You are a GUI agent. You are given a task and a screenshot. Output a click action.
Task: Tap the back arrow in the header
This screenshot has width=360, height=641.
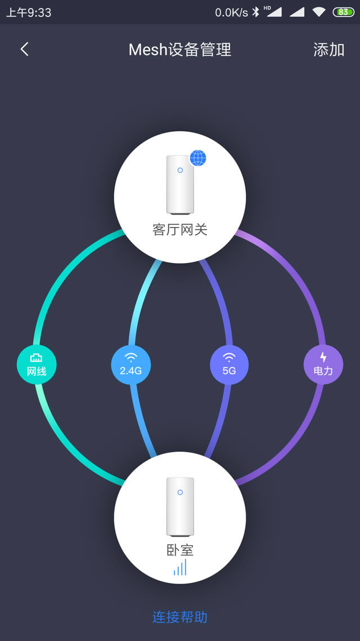tap(24, 50)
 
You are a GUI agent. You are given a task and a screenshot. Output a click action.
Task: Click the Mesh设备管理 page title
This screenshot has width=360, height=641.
tap(180, 50)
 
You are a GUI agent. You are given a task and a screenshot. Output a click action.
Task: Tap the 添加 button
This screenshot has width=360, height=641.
tap(328, 50)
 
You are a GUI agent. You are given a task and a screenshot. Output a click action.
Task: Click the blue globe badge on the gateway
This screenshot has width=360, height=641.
tap(197, 158)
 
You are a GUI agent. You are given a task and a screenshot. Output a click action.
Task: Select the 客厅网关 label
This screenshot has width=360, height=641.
tap(180, 230)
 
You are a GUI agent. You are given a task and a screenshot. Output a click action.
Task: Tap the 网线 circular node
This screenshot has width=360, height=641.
tap(37, 364)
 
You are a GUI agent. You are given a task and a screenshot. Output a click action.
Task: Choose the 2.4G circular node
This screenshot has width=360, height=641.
tap(131, 364)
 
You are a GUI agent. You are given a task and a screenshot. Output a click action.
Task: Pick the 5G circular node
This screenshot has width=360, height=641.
tap(229, 364)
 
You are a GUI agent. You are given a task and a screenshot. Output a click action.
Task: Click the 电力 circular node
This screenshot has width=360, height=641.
tap(323, 364)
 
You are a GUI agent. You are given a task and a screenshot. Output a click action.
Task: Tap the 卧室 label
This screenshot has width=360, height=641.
tap(180, 550)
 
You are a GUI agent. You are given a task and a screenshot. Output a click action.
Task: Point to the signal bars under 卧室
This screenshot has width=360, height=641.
tap(180, 567)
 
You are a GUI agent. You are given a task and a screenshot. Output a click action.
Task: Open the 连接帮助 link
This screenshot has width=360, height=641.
tap(180, 617)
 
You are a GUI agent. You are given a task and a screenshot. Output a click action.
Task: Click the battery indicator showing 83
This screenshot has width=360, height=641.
tap(343, 12)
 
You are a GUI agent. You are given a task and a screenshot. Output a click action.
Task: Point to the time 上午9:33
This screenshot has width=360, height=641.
tap(29, 12)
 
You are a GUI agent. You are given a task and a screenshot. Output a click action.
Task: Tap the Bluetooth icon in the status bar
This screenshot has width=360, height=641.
tap(255, 12)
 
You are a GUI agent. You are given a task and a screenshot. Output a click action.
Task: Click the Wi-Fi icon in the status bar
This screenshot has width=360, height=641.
tap(319, 12)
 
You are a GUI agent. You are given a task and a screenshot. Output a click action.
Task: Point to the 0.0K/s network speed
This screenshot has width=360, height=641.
tap(231, 12)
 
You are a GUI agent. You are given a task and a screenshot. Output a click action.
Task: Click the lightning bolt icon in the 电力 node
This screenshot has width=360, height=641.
tap(323, 357)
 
